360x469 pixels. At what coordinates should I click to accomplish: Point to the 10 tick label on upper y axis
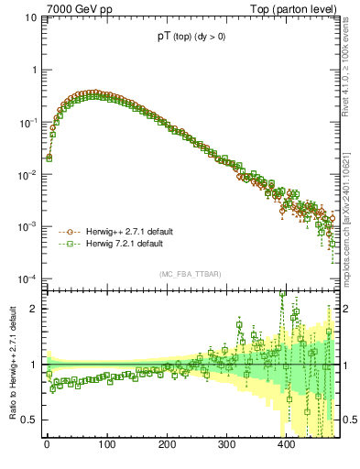29,17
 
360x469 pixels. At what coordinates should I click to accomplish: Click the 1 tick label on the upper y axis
34,70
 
